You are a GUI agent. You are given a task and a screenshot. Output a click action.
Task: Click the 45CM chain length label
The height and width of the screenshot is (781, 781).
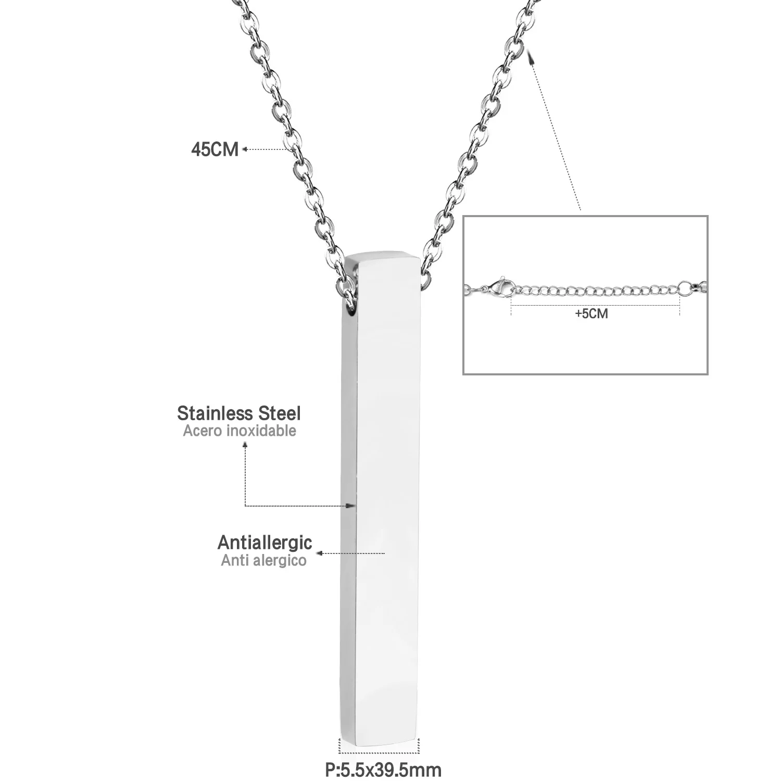[x=215, y=150]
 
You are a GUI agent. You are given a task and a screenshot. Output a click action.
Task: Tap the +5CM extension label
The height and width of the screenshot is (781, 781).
[x=591, y=314]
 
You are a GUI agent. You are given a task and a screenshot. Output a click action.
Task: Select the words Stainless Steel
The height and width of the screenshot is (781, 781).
[x=239, y=413]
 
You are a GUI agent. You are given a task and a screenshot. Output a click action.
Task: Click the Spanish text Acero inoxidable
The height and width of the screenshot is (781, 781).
[x=240, y=431]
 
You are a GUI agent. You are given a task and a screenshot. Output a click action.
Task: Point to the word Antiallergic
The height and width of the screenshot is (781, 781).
[x=264, y=543]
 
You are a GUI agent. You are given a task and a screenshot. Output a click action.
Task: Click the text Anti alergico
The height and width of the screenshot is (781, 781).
[x=263, y=561]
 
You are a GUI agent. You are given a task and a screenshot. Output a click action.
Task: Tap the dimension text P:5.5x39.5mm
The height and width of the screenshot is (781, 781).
[x=383, y=769]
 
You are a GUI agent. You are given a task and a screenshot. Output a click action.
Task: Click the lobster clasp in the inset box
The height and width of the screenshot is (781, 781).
[x=495, y=287]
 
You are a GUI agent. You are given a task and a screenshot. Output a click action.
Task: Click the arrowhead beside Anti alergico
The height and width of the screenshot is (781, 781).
[x=321, y=553]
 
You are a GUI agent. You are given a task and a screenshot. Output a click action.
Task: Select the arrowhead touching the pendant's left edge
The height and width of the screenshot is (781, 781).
[x=352, y=505]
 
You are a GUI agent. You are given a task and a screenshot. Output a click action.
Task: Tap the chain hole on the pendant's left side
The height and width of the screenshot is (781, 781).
[x=351, y=311]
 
